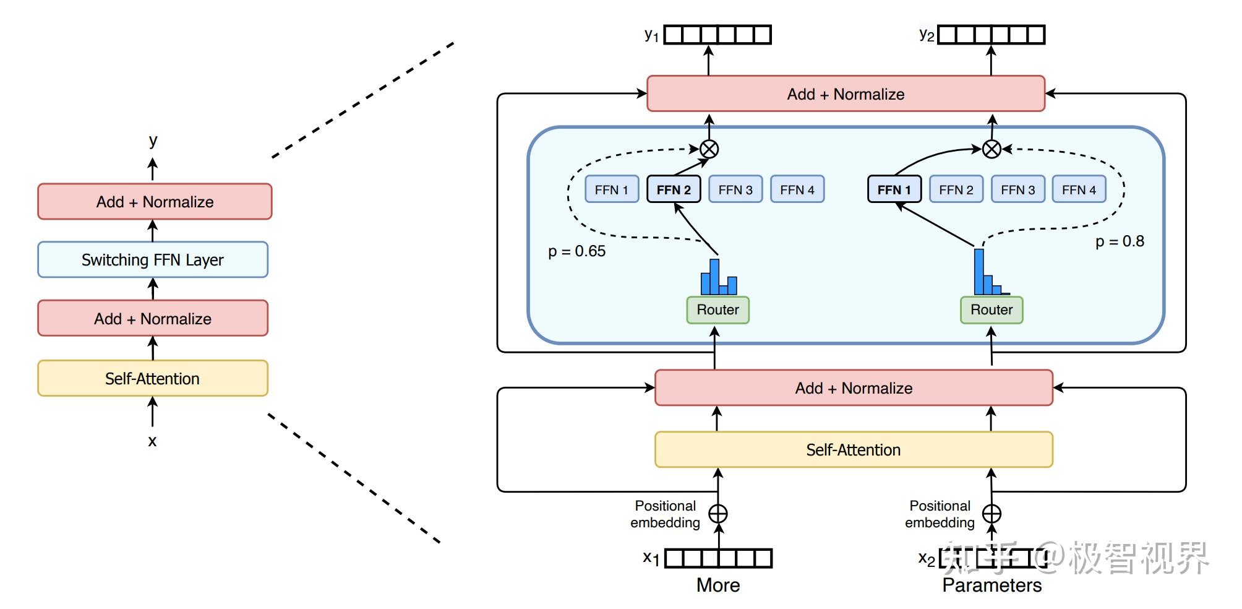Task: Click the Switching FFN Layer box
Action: tap(153, 260)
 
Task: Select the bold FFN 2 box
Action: tap(674, 189)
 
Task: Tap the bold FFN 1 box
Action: tap(894, 189)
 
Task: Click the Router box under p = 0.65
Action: tap(717, 310)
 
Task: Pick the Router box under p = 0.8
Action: tap(991, 310)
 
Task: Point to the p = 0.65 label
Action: tap(576, 251)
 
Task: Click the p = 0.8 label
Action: tap(1120, 241)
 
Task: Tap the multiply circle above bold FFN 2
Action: tap(709, 149)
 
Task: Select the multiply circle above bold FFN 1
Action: tap(991, 149)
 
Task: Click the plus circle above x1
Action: tap(717, 514)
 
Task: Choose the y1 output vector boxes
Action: tap(717, 35)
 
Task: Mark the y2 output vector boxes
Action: tap(991, 35)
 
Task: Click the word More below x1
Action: tap(718, 585)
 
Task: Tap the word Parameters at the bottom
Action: tap(991, 585)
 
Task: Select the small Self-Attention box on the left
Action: tap(153, 378)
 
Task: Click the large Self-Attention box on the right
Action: tap(854, 450)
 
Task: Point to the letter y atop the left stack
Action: tap(153, 140)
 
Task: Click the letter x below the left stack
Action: tap(152, 442)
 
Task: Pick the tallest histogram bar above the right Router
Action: tap(979, 272)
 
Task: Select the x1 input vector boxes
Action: tap(718, 558)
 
